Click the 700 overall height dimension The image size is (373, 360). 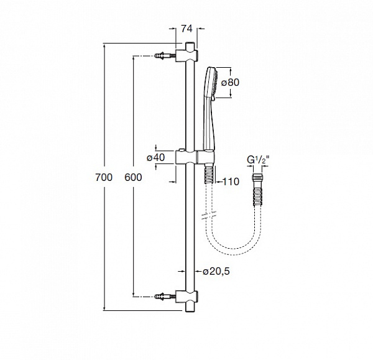point(104,177)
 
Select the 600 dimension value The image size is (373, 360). point(133,177)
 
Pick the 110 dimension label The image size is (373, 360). point(230,182)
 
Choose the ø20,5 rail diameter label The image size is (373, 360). point(213,272)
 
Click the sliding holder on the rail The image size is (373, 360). point(195,157)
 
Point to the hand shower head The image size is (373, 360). point(211,83)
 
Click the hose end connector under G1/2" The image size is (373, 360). point(256,186)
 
